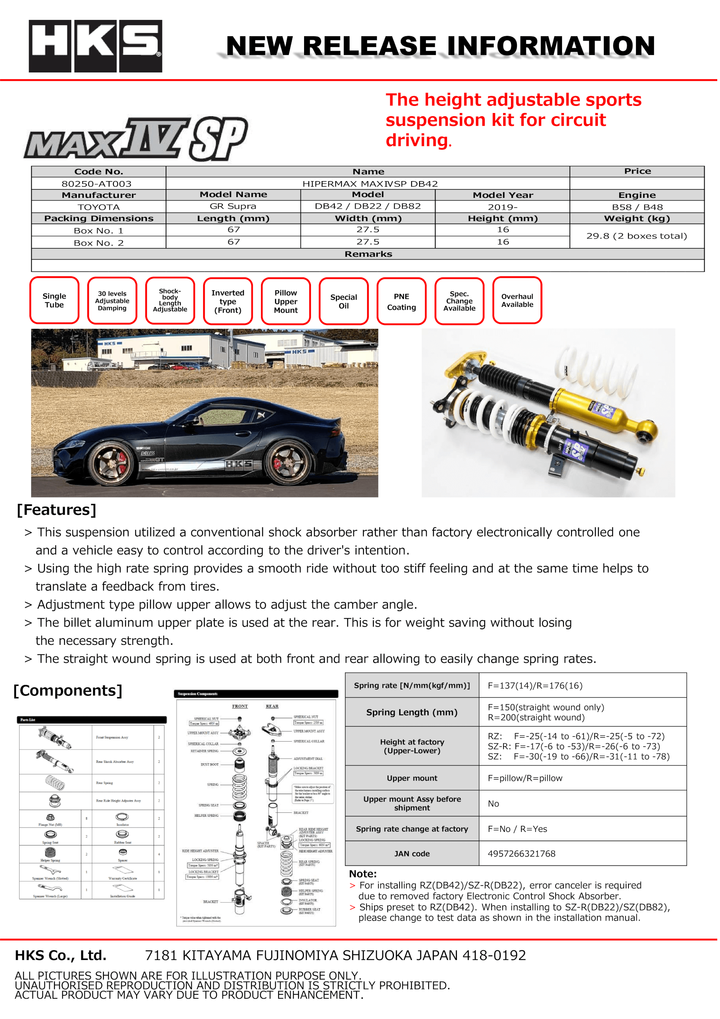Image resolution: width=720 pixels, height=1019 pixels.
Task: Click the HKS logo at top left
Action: coord(96,46)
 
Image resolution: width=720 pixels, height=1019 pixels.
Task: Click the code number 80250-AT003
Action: coord(96,184)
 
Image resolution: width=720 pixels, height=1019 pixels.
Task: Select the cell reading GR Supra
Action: coord(233,206)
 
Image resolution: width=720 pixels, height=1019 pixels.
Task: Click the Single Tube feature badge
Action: coord(54,301)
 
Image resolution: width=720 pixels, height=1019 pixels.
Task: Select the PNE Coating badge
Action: coord(401,301)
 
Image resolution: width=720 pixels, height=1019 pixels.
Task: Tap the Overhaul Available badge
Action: coord(517,301)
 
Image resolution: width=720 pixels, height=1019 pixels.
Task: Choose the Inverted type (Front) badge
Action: coord(228,301)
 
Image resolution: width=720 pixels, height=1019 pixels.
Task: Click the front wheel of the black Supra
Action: coord(109,464)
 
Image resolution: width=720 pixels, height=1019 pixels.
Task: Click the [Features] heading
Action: coord(57,510)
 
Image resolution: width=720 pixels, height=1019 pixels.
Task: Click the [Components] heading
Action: coord(68,691)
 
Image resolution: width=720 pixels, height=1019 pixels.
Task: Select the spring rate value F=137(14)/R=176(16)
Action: coord(535,686)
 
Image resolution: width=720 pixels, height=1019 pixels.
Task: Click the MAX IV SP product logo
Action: coord(135,139)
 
